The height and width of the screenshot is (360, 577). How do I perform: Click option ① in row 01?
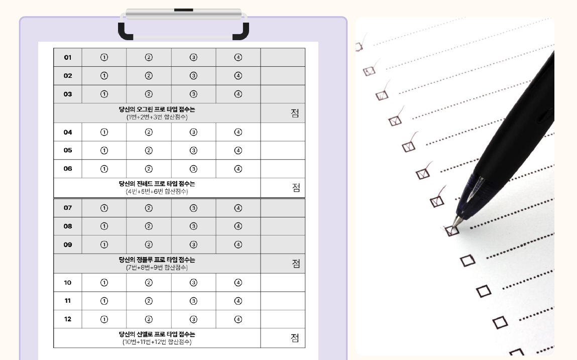tap(104, 57)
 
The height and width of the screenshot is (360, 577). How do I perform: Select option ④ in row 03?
tap(238, 94)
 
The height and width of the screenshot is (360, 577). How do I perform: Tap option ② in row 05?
tap(149, 151)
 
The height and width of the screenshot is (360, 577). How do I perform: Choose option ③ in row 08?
tap(193, 226)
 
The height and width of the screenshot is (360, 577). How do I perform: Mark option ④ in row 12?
tap(238, 319)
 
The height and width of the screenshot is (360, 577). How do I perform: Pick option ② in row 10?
tap(149, 283)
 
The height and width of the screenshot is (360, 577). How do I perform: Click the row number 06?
tap(68, 169)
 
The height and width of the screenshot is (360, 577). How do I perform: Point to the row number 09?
tap(68, 245)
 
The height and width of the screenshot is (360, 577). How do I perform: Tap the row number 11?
tap(68, 301)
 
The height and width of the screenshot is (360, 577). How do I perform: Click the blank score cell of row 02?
tap(283, 76)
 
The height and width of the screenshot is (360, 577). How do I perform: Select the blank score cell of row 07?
tap(283, 208)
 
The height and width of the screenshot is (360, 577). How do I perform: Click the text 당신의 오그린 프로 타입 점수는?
tap(157, 109)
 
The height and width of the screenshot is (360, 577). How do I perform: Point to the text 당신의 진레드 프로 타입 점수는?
tap(157, 184)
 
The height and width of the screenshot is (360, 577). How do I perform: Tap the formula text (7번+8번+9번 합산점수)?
tap(157, 268)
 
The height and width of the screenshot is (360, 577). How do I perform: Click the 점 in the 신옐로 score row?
tap(295, 338)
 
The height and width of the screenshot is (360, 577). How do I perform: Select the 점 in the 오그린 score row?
tap(295, 113)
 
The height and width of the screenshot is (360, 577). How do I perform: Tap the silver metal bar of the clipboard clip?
tap(184, 14)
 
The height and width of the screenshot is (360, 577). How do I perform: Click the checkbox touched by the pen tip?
tap(452, 230)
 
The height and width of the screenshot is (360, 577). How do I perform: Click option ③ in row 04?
tap(193, 132)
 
